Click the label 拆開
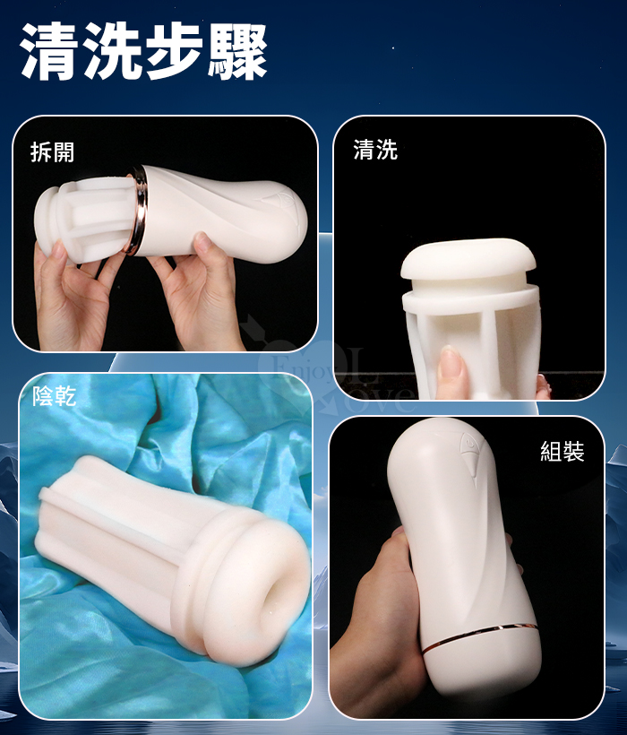(x=52, y=151)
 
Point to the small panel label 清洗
(x=375, y=150)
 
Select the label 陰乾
(x=54, y=396)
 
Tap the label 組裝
(x=563, y=452)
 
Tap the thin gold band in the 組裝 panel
(x=479, y=636)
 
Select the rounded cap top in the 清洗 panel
(x=469, y=259)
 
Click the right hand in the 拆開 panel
(x=199, y=294)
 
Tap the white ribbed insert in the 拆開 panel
(x=84, y=219)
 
